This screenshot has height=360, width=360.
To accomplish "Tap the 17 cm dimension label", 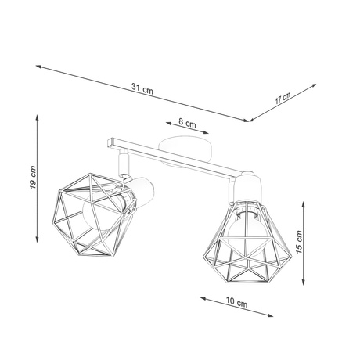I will click(284, 98).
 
